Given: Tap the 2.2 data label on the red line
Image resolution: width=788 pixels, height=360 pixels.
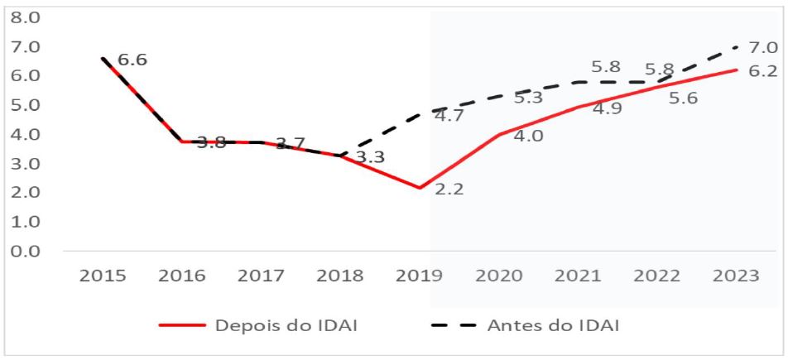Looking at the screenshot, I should [x=451, y=190].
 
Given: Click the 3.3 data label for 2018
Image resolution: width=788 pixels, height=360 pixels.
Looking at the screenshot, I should [x=369, y=156].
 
